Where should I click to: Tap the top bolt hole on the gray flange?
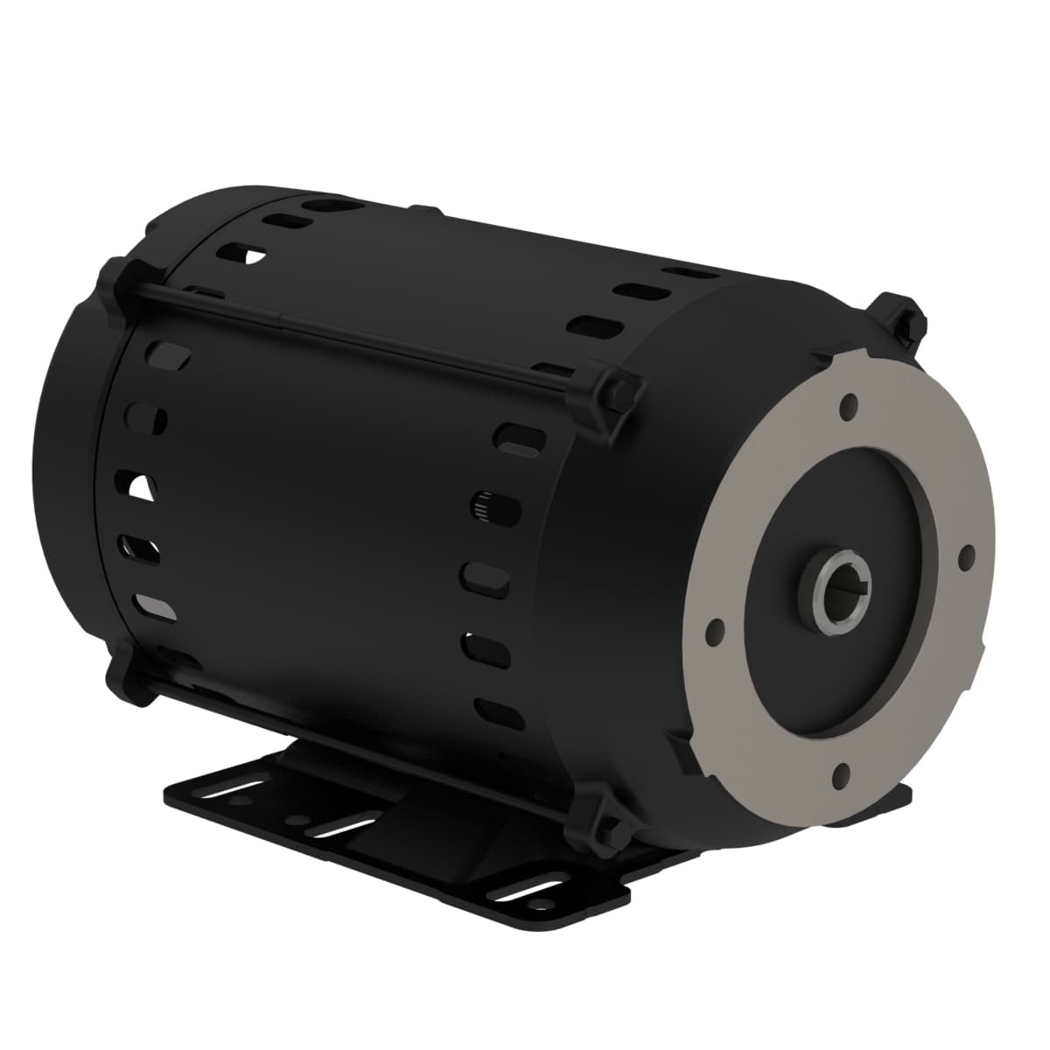coord(847,407)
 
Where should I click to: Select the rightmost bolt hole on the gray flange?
coord(966,553)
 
